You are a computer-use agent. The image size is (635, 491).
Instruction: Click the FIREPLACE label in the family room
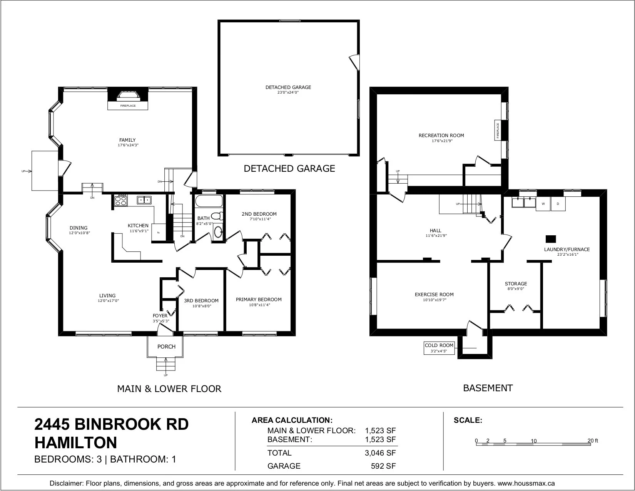tap(128, 106)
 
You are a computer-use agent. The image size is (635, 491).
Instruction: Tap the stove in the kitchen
tap(121, 200)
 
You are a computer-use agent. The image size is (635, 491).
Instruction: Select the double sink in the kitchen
tap(144, 200)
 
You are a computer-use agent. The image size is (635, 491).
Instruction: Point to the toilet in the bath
tap(217, 216)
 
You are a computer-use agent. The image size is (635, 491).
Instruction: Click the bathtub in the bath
tap(209, 201)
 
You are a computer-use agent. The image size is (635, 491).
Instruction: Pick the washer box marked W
tap(543, 204)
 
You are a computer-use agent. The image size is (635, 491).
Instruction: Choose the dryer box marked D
tap(558, 204)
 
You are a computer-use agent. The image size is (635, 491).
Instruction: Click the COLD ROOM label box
tap(439, 348)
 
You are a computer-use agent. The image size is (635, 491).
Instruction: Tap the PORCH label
tap(166, 347)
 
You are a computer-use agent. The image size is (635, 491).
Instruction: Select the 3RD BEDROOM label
tap(201, 301)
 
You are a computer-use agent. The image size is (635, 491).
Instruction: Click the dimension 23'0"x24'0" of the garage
tap(288, 92)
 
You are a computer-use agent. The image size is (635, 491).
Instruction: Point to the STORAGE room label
tap(516, 284)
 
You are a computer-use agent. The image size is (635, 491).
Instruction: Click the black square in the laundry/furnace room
tap(551, 239)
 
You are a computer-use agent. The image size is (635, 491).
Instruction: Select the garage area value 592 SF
tap(383, 466)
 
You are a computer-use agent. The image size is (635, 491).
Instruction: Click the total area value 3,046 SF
tap(380, 453)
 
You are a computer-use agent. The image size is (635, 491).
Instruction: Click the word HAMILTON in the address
tap(76, 443)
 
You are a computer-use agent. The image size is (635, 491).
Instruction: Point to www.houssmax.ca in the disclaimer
tap(526, 483)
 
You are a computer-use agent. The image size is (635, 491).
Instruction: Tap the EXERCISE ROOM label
tap(434, 295)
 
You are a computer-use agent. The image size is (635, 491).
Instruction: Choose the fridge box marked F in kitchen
tap(159, 233)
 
